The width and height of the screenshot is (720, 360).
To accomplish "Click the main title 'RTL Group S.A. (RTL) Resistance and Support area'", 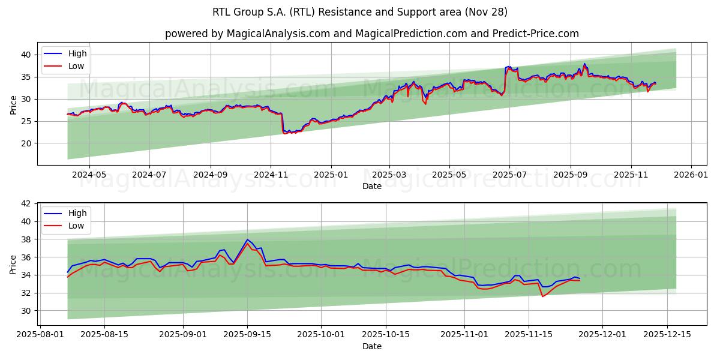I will (x=359, y=12).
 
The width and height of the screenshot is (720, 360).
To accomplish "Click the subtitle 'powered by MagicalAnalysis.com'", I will (x=247, y=34).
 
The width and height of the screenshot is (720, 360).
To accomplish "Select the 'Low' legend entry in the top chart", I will (x=76, y=66).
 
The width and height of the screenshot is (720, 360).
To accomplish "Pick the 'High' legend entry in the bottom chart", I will (x=77, y=213).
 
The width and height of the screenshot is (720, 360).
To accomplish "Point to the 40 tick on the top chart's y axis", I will (x=26, y=55).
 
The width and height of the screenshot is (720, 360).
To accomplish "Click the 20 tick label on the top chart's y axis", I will (x=26, y=143).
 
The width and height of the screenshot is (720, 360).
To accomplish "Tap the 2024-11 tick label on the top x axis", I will (x=271, y=175).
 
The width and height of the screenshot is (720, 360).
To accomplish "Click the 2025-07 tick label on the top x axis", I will (x=509, y=175).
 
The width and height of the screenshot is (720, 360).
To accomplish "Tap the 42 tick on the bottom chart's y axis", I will (x=26, y=204).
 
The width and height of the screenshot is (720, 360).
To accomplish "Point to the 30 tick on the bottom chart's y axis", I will (x=26, y=311).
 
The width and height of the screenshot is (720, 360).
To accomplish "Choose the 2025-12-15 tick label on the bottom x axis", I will (x=667, y=334).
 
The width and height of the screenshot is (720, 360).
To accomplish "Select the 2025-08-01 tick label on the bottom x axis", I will (x=40, y=334).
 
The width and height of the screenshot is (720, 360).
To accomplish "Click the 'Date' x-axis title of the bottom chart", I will (x=372, y=346).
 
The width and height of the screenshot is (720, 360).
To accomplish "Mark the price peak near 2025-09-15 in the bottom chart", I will (x=247, y=240).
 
